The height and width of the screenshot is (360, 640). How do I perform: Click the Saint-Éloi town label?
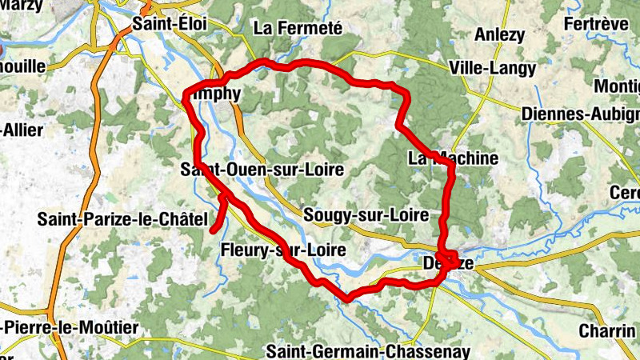click(170, 25)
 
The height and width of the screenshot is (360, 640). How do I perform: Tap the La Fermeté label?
click(298, 28)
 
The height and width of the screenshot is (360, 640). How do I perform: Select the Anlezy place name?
click(500, 34)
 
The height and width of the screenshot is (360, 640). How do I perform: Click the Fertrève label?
click(595, 24)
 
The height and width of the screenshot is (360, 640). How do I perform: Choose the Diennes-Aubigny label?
click(579, 114)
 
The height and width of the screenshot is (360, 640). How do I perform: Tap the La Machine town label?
click(453, 158)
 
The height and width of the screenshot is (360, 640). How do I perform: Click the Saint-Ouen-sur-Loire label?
click(262, 170)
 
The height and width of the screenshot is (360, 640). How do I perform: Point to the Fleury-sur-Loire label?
click(282, 250)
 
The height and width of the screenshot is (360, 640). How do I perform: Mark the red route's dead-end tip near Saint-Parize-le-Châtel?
click(214, 231)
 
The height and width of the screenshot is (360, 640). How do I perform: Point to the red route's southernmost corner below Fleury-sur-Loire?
click(347, 298)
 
